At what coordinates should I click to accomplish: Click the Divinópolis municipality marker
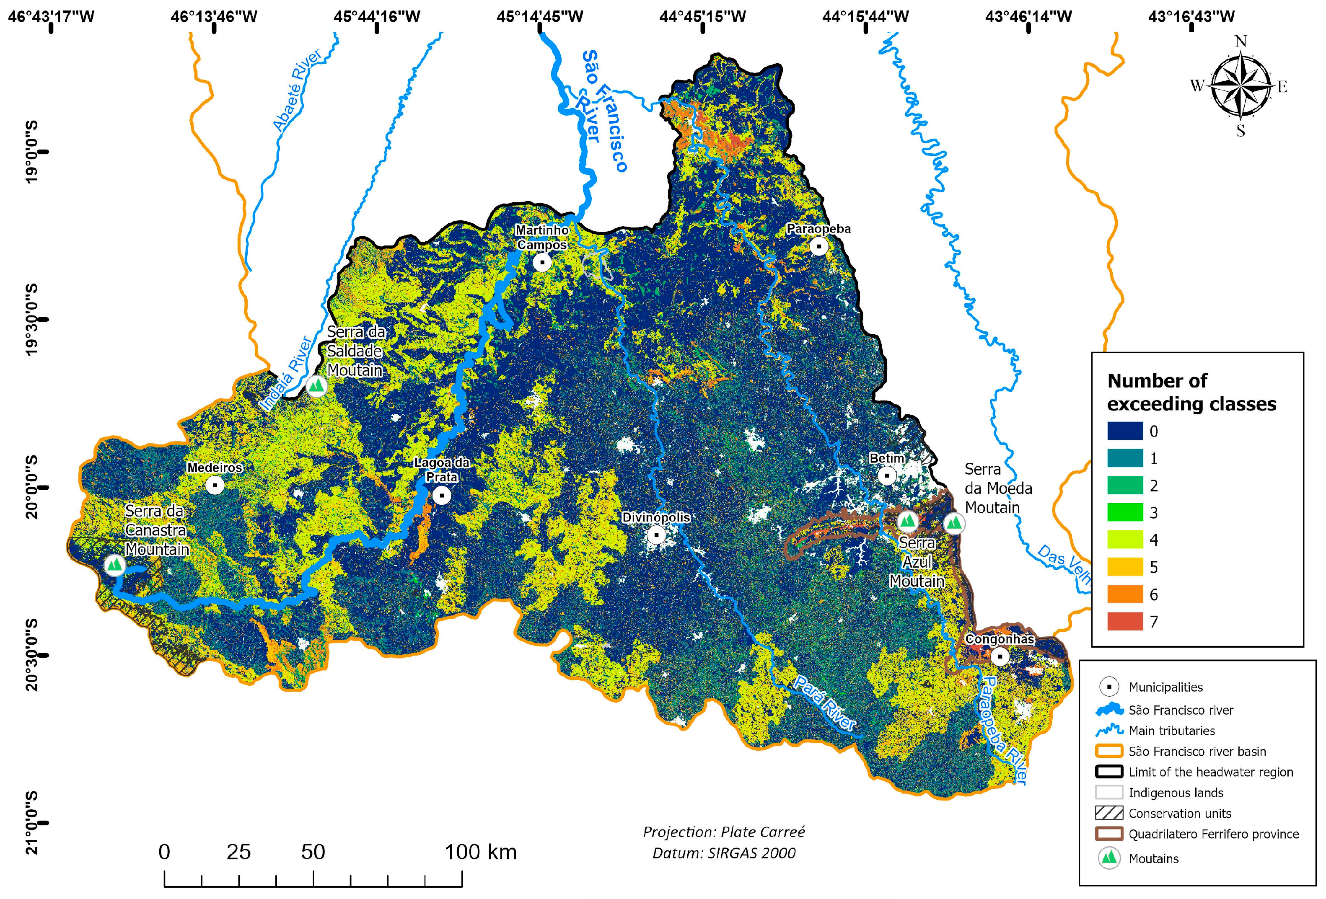point(657,535)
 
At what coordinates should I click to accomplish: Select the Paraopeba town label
point(818,229)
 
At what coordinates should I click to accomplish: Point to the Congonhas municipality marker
point(1000,656)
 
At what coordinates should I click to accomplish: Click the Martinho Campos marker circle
point(542,262)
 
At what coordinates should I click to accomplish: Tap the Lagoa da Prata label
point(442,470)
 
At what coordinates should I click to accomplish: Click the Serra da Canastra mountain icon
point(115,565)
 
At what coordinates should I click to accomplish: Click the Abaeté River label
point(297,90)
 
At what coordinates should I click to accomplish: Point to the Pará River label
point(824,703)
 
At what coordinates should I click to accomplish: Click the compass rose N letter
point(1241,41)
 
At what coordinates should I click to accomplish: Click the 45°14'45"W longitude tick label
point(539,16)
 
